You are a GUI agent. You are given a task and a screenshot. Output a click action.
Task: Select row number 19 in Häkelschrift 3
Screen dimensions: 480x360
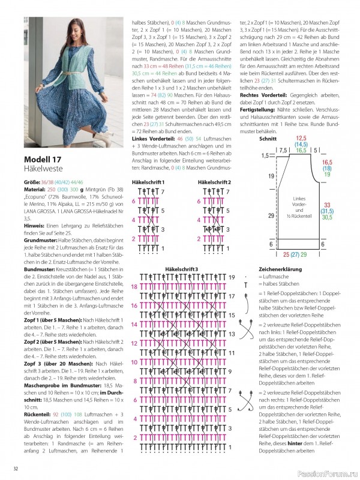tap(232, 278)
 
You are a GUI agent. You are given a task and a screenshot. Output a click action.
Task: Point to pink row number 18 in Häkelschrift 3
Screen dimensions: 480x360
tap(134, 287)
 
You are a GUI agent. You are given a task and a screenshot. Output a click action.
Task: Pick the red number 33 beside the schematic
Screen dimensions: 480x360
tap(327, 205)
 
